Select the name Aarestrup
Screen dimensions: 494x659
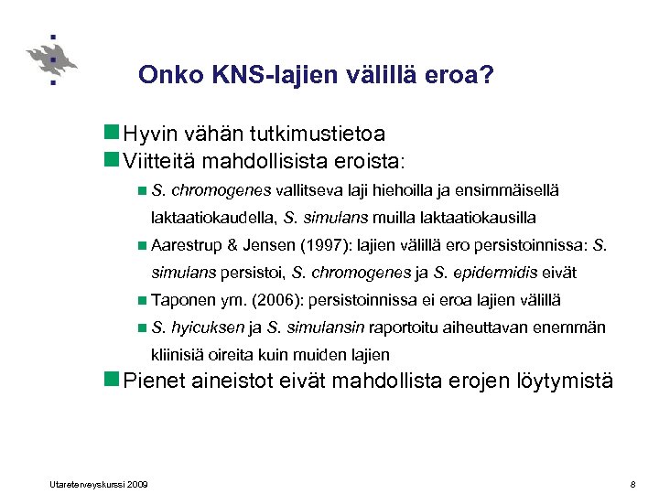click(x=187, y=245)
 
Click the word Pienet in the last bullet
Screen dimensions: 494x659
click(x=156, y=381)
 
